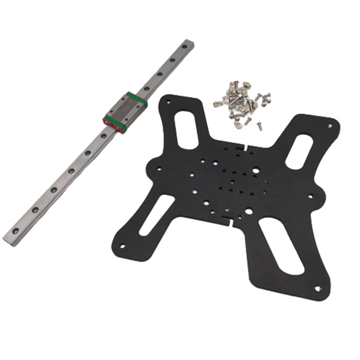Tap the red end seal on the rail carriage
(x=115, y=125)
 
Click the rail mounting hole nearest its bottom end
(x=16, y=230)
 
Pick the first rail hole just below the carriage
(x=104, y=135)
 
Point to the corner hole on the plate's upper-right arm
(x=331, y=125)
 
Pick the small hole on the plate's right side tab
(x=310, y=195)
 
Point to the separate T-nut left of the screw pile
(x=218, y=103)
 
